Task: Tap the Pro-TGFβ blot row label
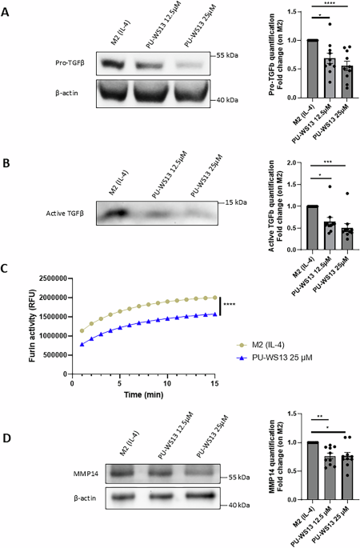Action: [65, 62]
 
